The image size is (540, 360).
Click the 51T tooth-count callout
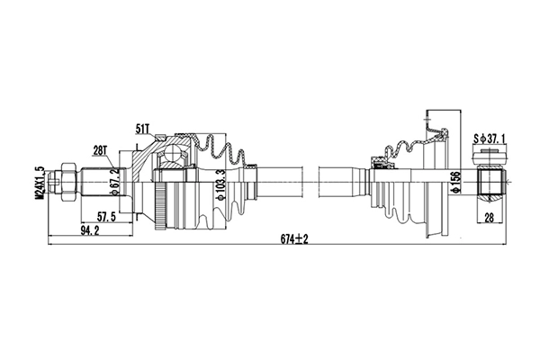145,130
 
